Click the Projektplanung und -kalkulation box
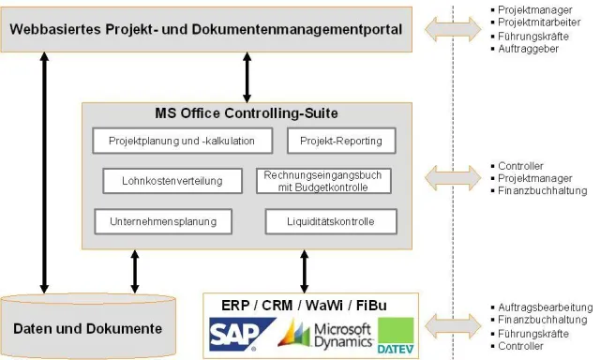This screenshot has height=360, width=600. tap(181, 142)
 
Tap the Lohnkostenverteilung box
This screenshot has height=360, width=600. tap(172, 181)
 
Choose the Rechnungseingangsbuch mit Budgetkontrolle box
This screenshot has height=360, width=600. tap(323, 181)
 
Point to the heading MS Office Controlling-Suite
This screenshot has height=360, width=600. tap(246, 113)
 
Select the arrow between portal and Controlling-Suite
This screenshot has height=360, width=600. tap(247, 78)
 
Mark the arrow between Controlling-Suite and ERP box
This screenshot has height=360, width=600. tap(304, 271)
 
